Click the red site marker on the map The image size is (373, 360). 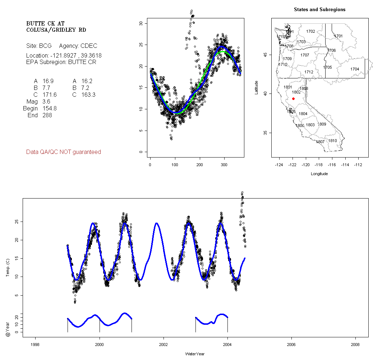tap(294, 99)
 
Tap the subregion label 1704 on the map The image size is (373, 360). tap(355, 69)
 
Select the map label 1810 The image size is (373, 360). tap(333, 141)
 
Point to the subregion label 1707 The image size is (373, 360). tap(305, 55)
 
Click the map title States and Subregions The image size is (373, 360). tap(319, 10)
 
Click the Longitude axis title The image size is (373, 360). tap(319, 174)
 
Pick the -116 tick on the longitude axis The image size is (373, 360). tap(332, 165)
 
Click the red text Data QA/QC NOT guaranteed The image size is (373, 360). tap(64, 152)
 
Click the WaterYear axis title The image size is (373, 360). tap(195, 354)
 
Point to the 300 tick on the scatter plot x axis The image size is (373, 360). tap(224, 165)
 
